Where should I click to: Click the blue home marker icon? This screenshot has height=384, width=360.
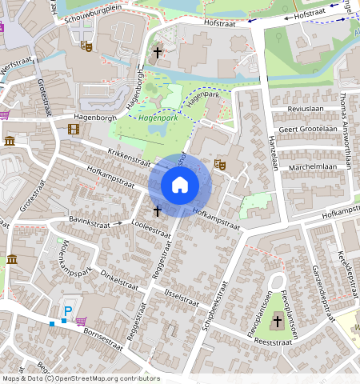tap(180, 185)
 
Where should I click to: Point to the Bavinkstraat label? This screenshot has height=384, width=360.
tap(88, 222)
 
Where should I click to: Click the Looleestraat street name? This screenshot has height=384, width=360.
tap(150, 228)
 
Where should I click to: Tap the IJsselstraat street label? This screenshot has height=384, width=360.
tap(180, 299)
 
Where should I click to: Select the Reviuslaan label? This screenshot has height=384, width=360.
tap(304, 107)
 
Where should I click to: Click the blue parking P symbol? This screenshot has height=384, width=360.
tap(68, 310)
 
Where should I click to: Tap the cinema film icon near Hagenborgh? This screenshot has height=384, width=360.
tap(74, 129)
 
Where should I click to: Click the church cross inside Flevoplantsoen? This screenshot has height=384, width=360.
tap(278, 321)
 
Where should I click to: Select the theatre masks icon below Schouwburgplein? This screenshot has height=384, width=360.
tap(86, 46)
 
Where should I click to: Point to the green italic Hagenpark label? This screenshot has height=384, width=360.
tap(157, 118)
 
